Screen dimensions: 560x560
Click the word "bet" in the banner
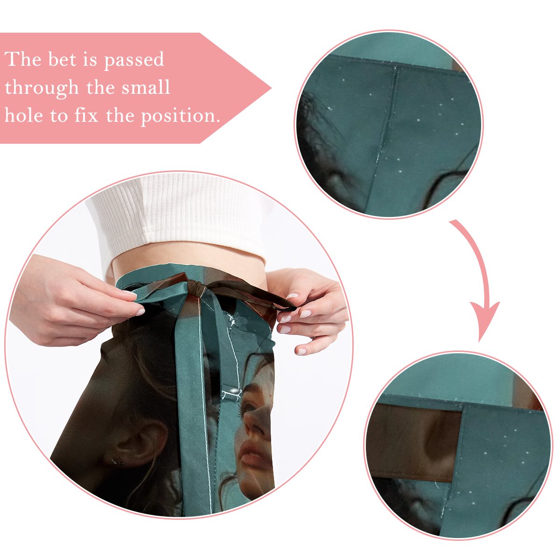click(x=62, y=60)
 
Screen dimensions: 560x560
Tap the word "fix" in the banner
click(x=86, y=115)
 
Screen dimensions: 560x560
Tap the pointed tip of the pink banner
click(x=271, y=88)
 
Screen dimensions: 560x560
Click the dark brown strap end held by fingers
click(x=286, y=307)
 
